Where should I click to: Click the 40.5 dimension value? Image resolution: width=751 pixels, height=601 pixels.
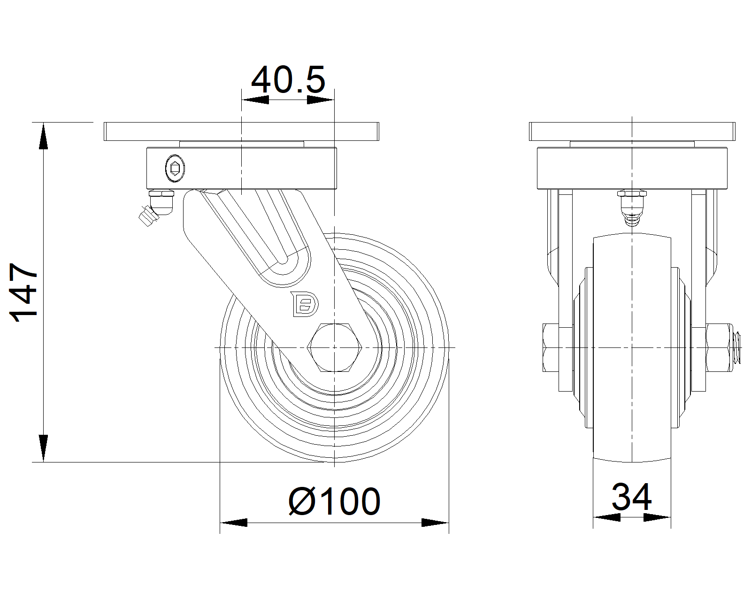click(x=288, y=80)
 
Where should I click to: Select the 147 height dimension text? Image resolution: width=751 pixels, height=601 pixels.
click(x=24, y=292)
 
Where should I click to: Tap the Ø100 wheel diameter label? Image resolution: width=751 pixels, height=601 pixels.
click(x=334, y=502)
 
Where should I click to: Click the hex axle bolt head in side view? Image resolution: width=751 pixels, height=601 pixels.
click(x=334, y=347)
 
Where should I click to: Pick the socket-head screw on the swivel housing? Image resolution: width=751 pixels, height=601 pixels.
click(x=175, y=168)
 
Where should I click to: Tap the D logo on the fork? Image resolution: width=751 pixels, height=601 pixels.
click(x=304, y=304)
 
